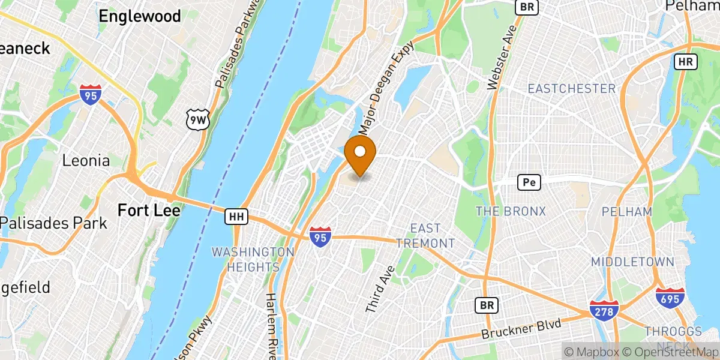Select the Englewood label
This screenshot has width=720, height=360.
pos(140,16)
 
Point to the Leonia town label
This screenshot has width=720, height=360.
pos(86,161)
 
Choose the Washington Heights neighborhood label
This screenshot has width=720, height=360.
pos(253,259)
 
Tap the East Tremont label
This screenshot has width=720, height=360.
pos(433,236)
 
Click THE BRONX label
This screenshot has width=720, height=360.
pos(511,211)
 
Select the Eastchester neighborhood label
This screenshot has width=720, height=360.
pos(571,89)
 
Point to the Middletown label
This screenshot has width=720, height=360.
pos(632,262)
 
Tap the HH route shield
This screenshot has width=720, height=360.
pos(233,217)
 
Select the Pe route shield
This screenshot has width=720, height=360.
pos(529,181)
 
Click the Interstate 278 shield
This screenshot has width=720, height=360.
pos(601,311)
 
